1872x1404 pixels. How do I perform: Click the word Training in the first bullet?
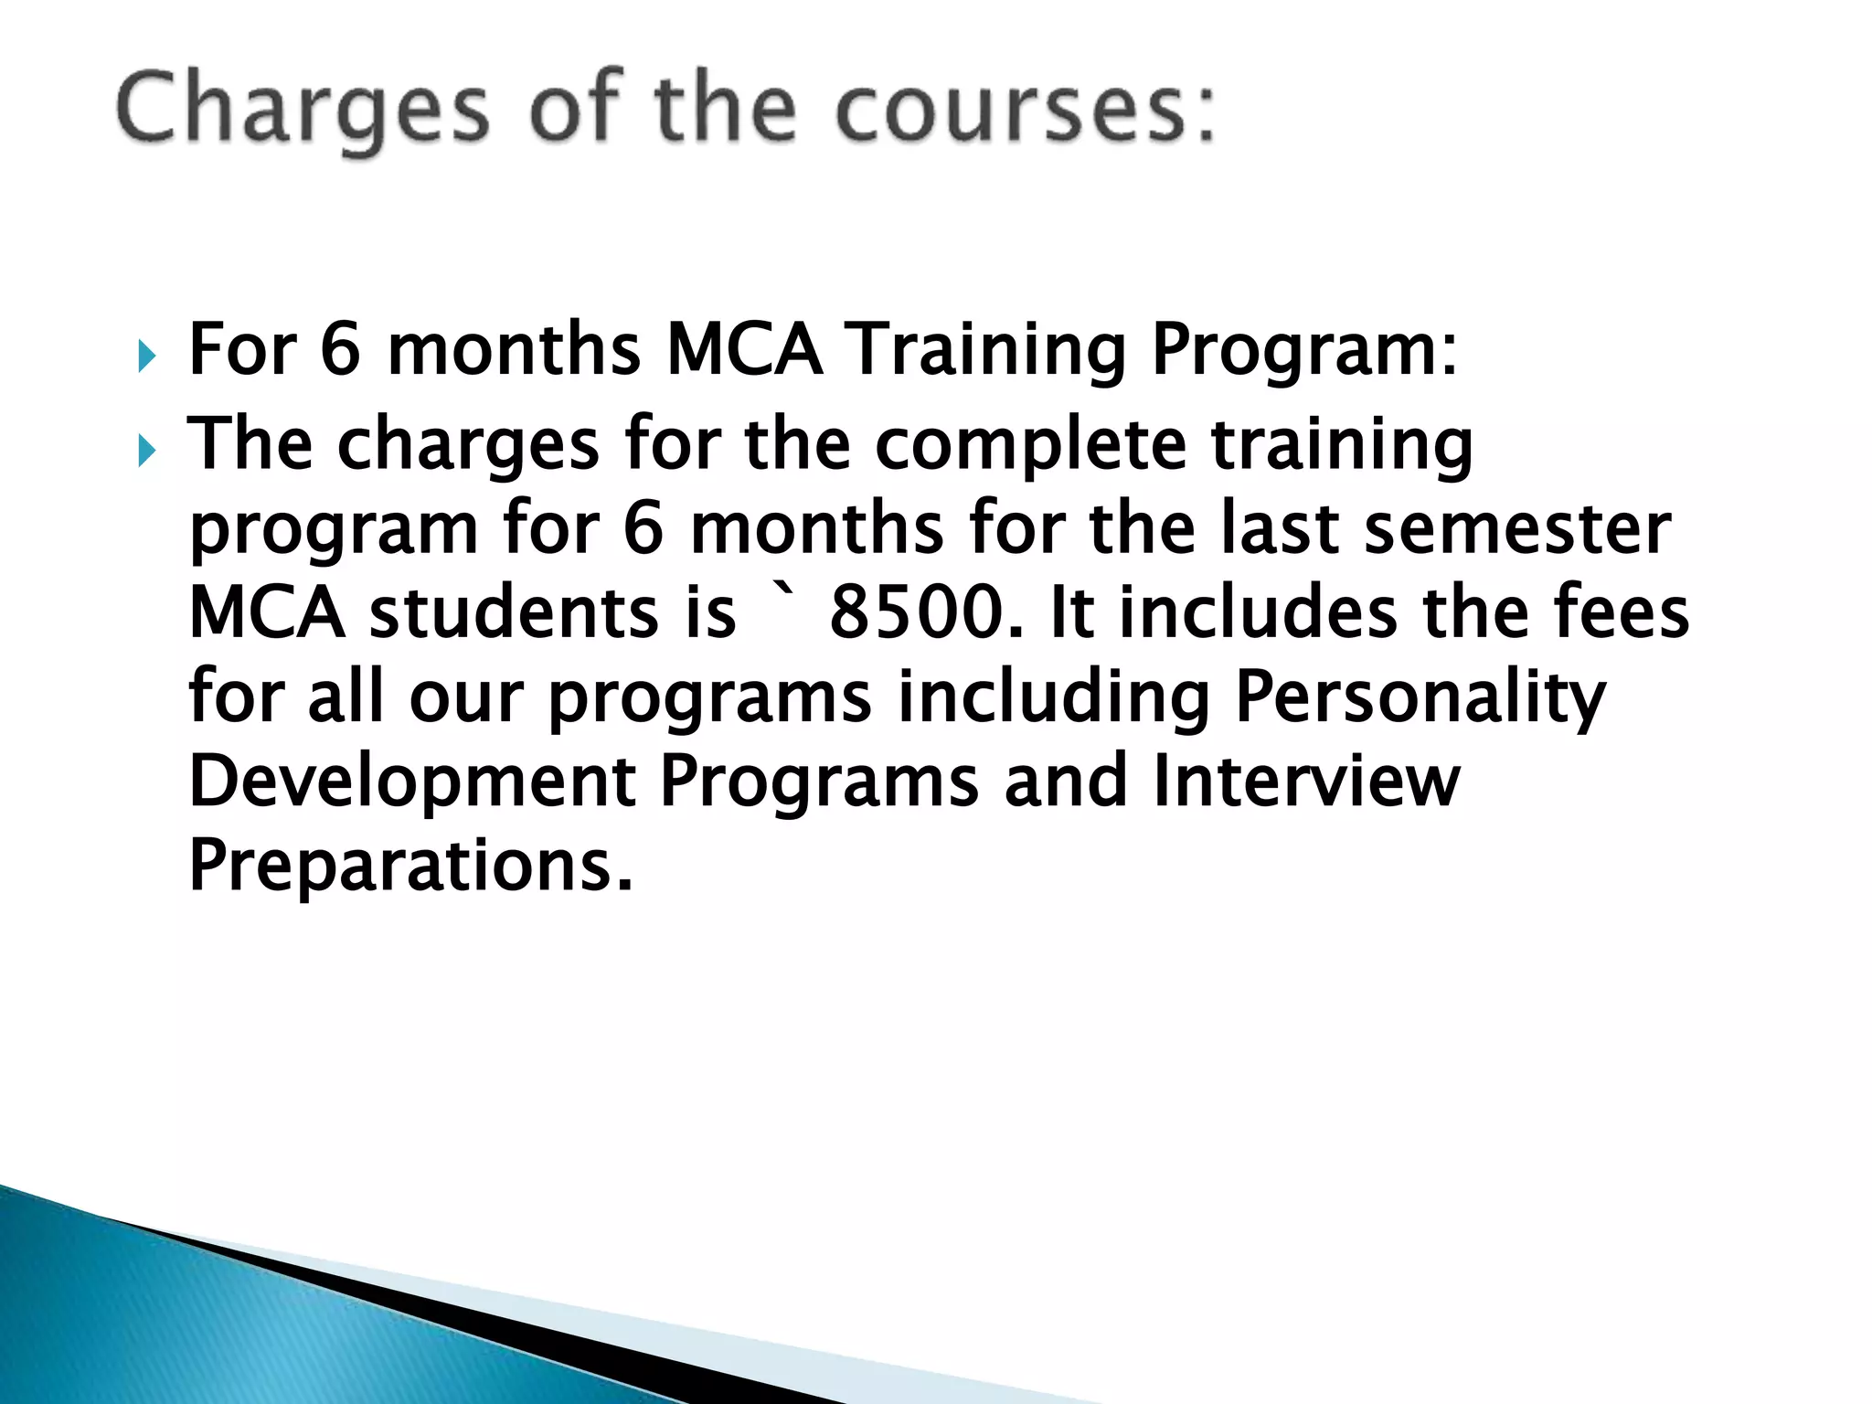point(987,351)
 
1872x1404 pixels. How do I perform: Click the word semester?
point(1517,529)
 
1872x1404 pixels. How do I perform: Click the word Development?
point(412,783)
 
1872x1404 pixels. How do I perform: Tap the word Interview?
point(1306,782)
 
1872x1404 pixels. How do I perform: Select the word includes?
point(1258,613)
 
